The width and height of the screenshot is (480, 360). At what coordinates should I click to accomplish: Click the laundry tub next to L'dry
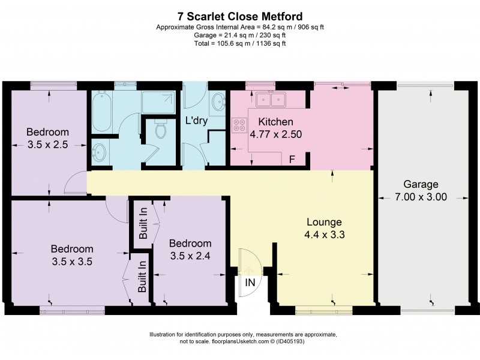coord(218,103)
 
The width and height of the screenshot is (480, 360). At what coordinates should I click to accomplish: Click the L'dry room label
coord(196,121)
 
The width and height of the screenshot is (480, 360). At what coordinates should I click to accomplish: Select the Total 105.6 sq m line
coord(240,43)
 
